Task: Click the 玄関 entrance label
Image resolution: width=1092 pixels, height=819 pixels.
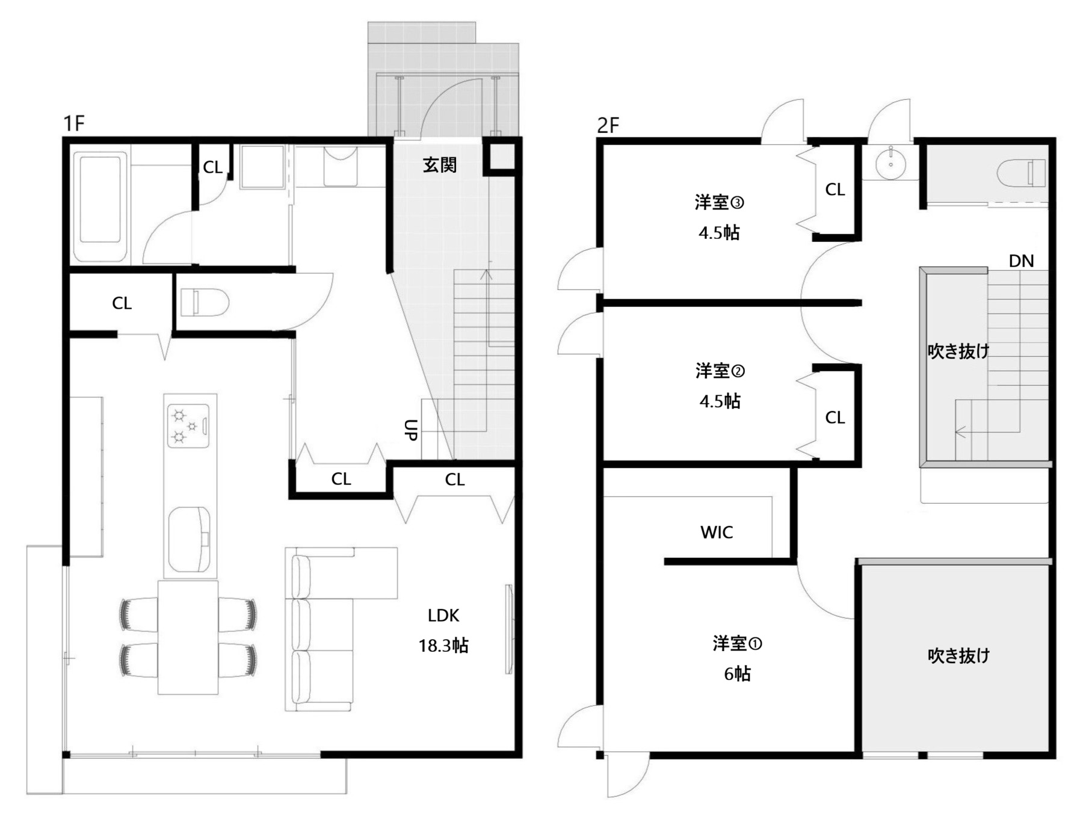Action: [x=439, y=165]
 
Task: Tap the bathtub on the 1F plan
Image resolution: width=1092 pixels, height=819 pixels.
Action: [x=100, y=206]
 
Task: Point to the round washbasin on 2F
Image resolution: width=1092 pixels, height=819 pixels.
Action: [x=890, y=162]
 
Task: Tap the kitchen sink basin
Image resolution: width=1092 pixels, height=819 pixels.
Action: [x=190, y=540]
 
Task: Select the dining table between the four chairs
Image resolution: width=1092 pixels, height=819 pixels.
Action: [x=188, y=637]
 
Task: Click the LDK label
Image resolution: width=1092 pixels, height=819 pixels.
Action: [x=443, y=616]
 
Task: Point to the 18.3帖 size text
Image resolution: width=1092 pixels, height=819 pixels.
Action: [x=443, y=646]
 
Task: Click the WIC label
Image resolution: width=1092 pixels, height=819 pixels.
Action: [x=717, y=532]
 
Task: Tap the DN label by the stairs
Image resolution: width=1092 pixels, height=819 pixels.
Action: [x=1021, y=261]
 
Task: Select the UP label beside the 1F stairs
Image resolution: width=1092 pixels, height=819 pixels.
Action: [x=411, y=430]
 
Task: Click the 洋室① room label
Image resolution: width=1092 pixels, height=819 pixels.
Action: [x=738, y=643]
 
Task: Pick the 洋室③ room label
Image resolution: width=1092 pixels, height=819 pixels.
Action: [x=720, y=202]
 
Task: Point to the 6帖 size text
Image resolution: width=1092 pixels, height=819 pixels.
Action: [x=738, y=674]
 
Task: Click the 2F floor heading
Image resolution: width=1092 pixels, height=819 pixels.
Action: [x=608, y=125]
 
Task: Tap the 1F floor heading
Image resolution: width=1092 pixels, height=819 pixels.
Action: [x=74, y=123]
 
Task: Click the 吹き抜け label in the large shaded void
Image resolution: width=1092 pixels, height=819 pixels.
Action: [x=958, y=655]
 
